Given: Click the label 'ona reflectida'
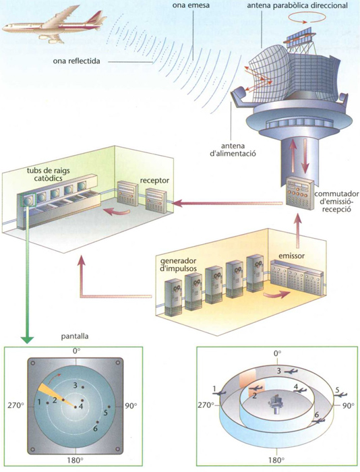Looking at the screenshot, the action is tap(76, 61).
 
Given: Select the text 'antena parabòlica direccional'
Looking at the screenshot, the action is tap(297, 5).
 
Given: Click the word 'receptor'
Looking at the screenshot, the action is tap(154, 181).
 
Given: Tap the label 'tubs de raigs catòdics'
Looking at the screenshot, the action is tap(48, 174).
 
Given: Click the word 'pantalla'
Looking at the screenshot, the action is tap(75, 336).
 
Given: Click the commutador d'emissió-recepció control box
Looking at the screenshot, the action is tap(299, 194).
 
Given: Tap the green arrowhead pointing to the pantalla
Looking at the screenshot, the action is tap(28, 340).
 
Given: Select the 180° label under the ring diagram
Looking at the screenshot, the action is tap(276, 460).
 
